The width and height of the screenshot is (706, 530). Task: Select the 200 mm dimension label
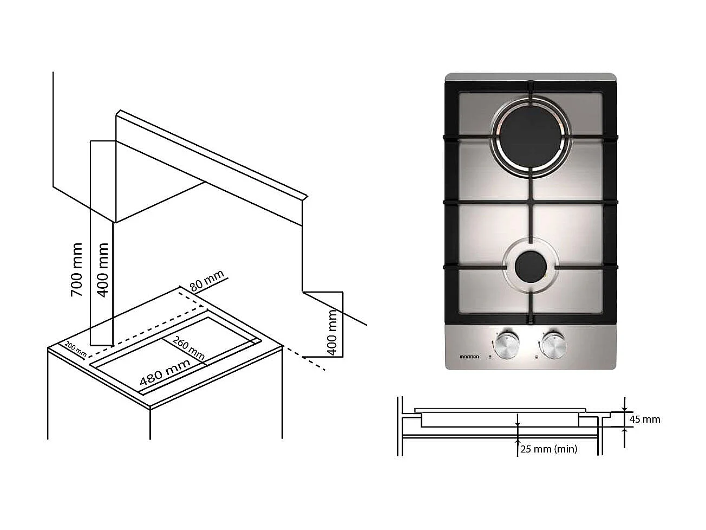click(x=75, y=350)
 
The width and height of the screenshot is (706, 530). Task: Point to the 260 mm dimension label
click(x=188, y=347)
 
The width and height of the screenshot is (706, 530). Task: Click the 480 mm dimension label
click(x=165, y=373)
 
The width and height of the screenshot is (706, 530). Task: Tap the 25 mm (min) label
click(x=548, y=449)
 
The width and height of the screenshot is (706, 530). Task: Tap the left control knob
click(x=506, y=344)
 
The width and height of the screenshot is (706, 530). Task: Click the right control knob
click(x=552, y=344)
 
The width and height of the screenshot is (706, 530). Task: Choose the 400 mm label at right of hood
click(x=332, y=332)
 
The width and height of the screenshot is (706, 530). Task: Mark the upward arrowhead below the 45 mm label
click(x=625, y=430)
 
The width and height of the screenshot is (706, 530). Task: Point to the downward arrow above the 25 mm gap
click(x=518, y=422)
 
